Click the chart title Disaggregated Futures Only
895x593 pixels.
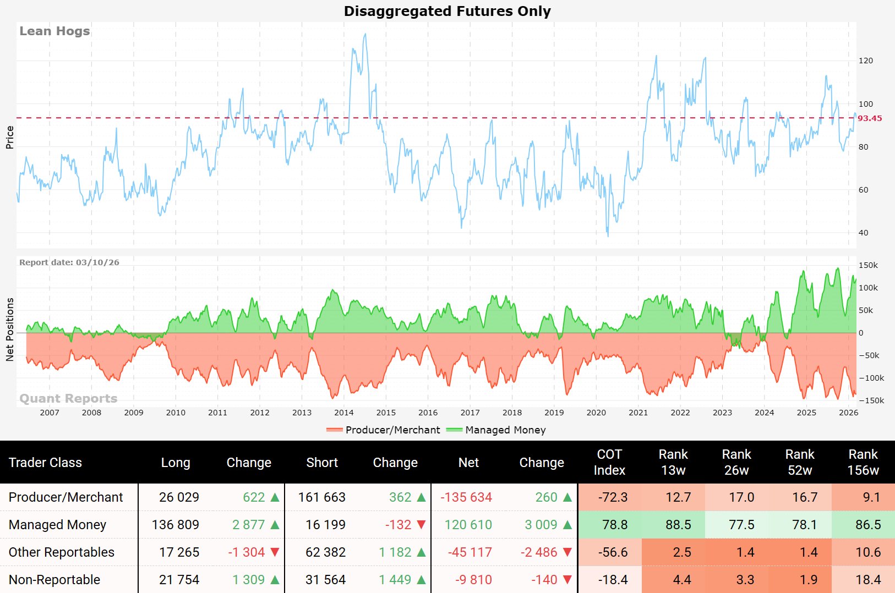click(x=447, y=11)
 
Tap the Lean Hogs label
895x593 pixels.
click(x=54, y=31)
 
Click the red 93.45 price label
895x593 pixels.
click(x=870, y=118)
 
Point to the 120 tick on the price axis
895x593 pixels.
click(x=866, y=61)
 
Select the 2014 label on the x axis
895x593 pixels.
click(x=343, y=413)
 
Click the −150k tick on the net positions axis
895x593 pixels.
click(x=871, y=400)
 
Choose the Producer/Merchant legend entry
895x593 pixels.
click(x=384, y=430)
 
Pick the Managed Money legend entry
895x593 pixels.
click(x=496, y=430)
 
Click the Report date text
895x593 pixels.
click(x=69, y=262)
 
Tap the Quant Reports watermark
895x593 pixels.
click(x=68, y=398)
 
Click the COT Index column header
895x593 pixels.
click(x=609, y=462)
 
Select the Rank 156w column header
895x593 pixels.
click(x=863, y=462)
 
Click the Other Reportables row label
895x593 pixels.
click(x=62, y=552)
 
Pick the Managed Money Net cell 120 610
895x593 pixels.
click(x=468, y=525)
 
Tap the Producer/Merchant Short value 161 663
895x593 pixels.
click(x=322, y=497)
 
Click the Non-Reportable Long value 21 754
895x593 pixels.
click(x=179, y=580)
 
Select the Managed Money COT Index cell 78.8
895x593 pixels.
click(x=615, y=525)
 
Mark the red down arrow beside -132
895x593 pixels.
click(x=422, y=525)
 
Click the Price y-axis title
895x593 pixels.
click(x=9, y=137)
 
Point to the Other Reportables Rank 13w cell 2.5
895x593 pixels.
click(x=682, y=552)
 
